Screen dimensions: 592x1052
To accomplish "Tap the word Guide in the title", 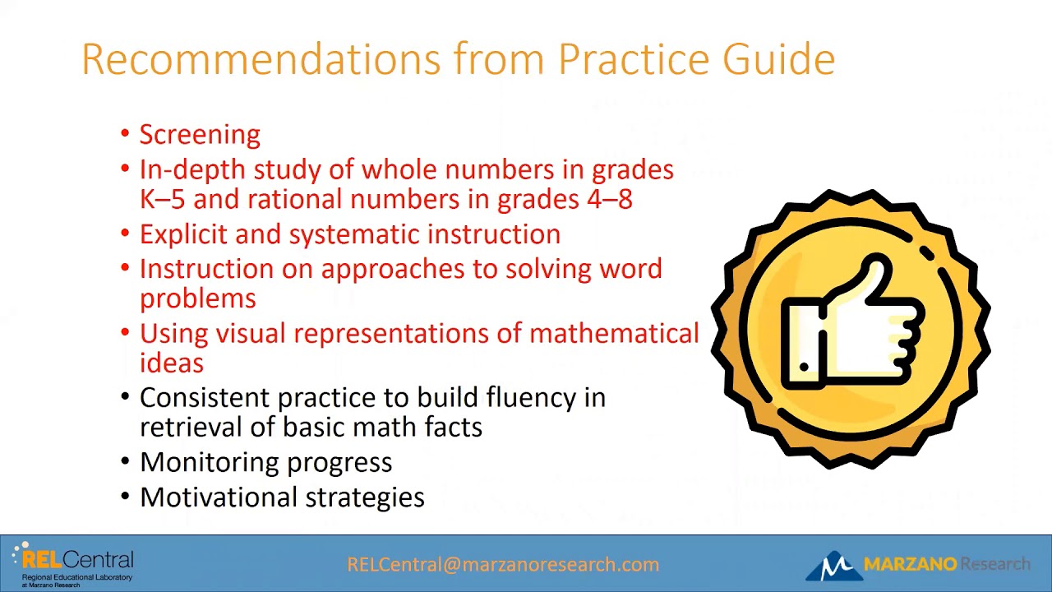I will (x=778, y=59).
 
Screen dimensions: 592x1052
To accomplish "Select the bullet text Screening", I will (x=200, y=135).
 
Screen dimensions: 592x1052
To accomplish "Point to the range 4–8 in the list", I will (x=609, y=199).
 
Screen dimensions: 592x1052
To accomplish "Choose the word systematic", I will (x=354, y=234).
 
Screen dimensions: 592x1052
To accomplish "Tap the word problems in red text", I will (x=197, y=298).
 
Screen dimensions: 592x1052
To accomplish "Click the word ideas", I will (x=171, y=363).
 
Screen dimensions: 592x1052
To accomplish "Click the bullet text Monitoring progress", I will (x=265, y=462).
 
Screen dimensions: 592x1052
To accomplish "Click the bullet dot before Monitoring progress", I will (x=125, y=461).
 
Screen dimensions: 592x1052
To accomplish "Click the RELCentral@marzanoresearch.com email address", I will (x=503, y=565).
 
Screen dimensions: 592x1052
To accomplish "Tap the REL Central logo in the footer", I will (x=74, y=564).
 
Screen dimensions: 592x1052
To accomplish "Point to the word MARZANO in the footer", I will (x=910, y=564).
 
